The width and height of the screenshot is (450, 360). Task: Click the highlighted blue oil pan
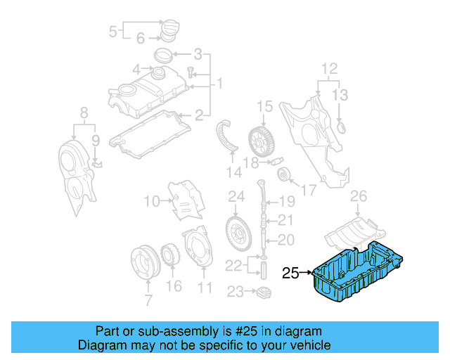[355, 274]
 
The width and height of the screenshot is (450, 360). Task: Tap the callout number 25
[291, 273]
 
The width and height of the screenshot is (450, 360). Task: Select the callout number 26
[359, 195]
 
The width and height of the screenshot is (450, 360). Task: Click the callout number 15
[263, 107]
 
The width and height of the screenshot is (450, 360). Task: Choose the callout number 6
[140, 38]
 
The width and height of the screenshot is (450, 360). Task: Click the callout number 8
[84, 112]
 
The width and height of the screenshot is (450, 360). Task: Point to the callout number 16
[174, 285]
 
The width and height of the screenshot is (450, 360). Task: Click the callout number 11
[205, 287]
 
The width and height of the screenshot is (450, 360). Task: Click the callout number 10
[153, 202]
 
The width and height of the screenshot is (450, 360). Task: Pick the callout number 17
[307, 190]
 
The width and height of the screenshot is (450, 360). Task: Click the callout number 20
[285, 240]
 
